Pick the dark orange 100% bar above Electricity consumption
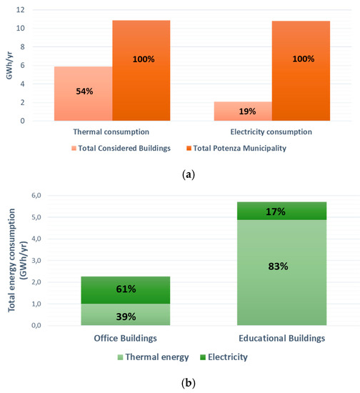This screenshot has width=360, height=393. [303, 70]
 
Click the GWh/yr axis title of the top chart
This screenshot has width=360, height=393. [9, 66]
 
